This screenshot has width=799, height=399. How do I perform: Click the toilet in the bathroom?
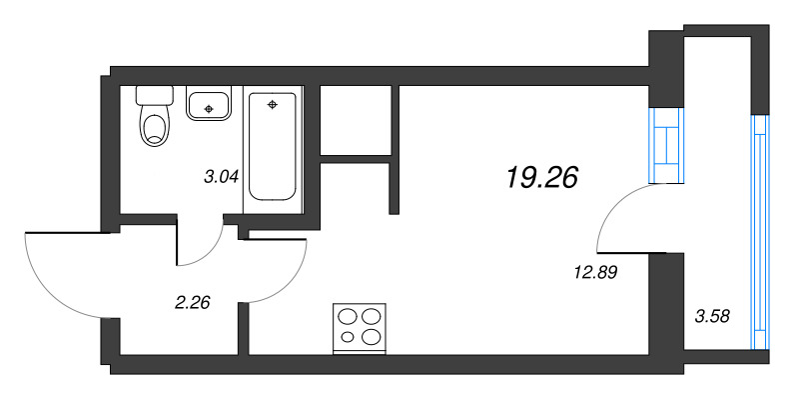pyautogui.click(x=155, y=126)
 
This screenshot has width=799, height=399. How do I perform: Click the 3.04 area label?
pyautogui.click(x=221, y=178)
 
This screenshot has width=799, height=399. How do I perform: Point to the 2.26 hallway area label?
pyautogui.click(x=191, y=303)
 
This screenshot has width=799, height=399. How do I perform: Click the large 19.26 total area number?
pyautogui.click(x=542, y=177)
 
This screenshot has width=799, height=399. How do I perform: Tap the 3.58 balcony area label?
pyautogui.click(x=712, y=316)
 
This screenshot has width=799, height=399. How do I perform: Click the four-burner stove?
pyautogui.click(x=360, y=327)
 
